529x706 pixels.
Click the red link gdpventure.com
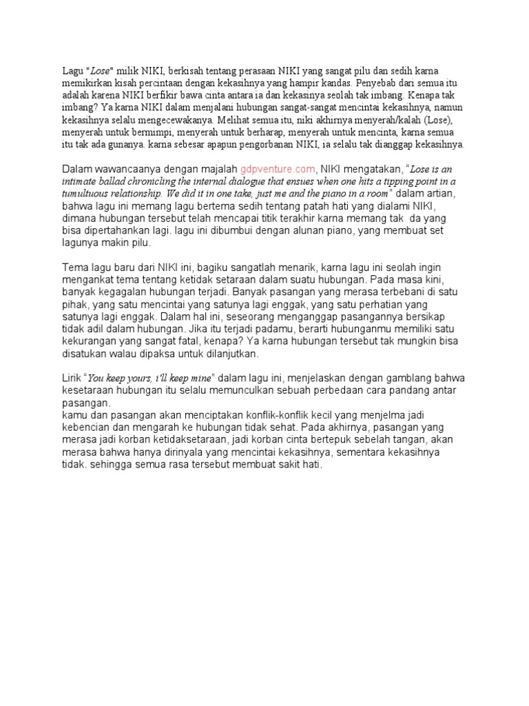[278, 169]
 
